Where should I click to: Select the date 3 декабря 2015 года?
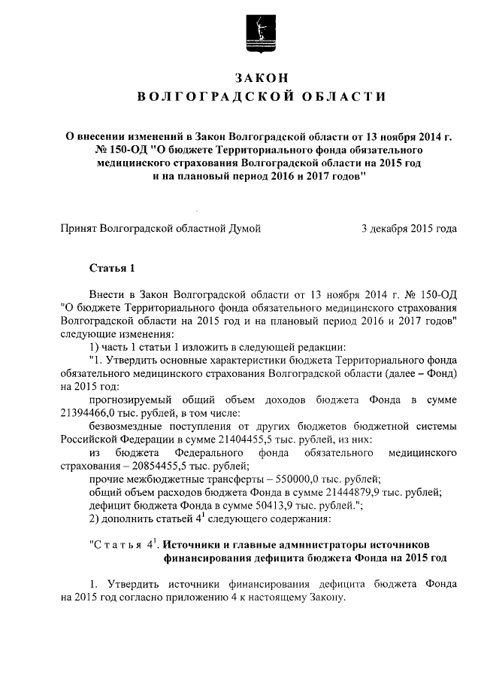[409, 227]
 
